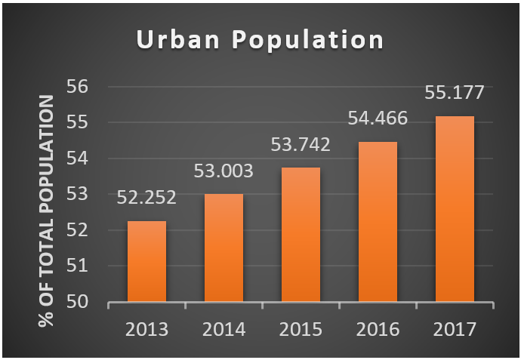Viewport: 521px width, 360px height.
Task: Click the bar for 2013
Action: tap(146, 262)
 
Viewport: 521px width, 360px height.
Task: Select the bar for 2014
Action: tap(224, 248)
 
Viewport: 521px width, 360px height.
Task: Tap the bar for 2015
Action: tap(301, 235)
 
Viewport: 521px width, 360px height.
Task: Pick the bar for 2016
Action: tap(378, 222)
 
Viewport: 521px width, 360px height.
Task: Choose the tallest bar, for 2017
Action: tap(455, 209)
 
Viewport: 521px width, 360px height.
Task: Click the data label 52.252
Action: tap(146, 198)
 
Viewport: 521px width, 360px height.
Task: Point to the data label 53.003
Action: tap(224, 171)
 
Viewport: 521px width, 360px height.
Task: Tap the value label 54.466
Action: tap(378, 118)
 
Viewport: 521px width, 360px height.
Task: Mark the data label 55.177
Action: tap(455, 92)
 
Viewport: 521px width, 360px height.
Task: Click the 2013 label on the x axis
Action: tap(146, 330)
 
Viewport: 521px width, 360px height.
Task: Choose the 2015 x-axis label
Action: tap(301, 330)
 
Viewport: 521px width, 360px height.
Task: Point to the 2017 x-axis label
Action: tap(455, 330)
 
